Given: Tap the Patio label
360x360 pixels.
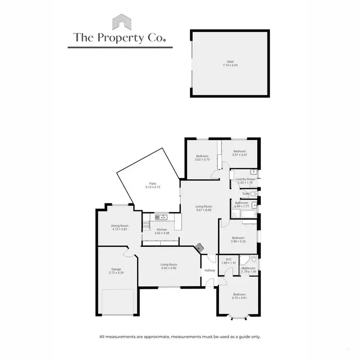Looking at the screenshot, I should (x=153, y=183).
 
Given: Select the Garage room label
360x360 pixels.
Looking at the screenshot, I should (x=116, y=269).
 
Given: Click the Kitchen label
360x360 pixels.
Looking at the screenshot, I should (x=162, y=229).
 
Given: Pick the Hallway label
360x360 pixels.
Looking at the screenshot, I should (x=210, y=271).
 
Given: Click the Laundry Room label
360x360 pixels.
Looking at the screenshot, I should (x=245, y=179).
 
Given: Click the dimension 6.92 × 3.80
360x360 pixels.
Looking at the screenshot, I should (x=169, y=268).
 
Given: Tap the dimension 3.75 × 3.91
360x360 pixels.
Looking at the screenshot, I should (x=239, y=298).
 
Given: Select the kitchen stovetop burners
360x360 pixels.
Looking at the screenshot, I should (x=145, y=224).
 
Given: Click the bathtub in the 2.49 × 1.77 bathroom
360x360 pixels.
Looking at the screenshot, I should (x=243, y=215).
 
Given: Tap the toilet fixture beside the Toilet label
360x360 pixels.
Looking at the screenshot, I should (x=254, y=193).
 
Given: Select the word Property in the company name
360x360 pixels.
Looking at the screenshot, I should (x=121, y=37).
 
